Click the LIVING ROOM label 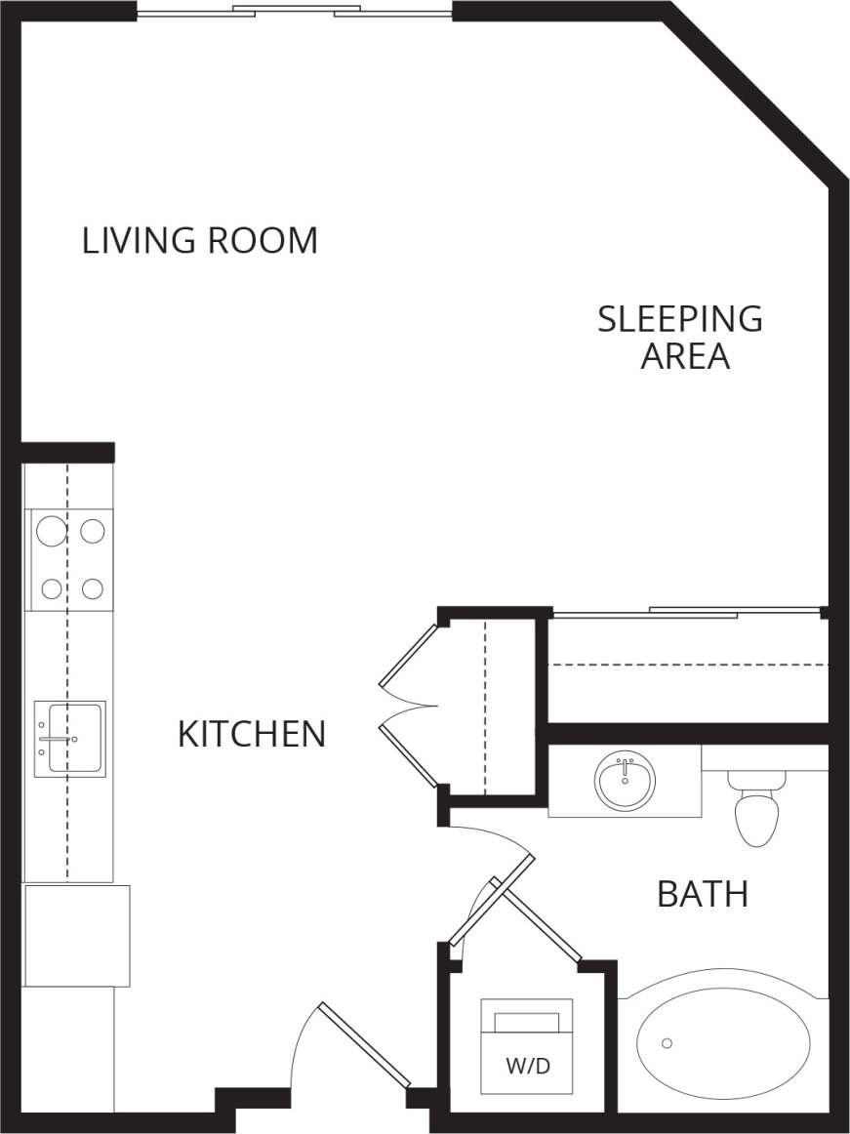(199, 240)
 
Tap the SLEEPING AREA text (680, 337)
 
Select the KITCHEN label (251, 734)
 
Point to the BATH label (702, 893)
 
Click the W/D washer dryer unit (527, 1046)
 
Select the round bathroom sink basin (625, 782)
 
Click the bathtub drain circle (667, 1043)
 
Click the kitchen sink (70, 739)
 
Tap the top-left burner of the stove (51, 531)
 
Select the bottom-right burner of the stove (93, 588)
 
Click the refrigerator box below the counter (76, 935)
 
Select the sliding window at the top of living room (295, 13)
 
